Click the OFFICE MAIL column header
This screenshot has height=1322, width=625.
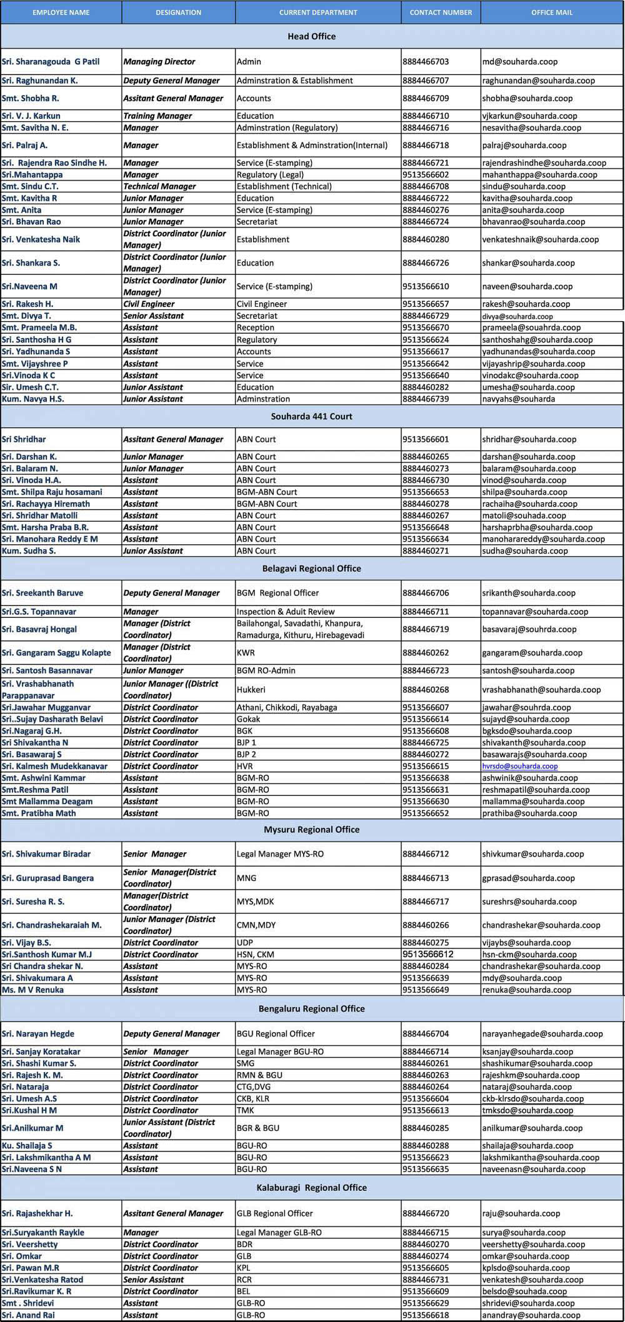click(551, 12)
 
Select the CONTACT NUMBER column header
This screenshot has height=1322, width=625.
click(441, 12)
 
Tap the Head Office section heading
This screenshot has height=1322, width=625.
click(311, 36)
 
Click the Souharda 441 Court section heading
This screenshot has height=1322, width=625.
click(311, 416)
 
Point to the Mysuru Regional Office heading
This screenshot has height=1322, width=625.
click(311, 830)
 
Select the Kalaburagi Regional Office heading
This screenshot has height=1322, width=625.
click(311, 1188)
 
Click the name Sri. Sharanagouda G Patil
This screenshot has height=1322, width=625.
click(51, 62)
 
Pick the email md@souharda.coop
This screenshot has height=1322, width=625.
click(520, 62)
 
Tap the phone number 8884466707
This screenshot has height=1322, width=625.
click(426, 81)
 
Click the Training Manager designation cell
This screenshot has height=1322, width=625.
click(157, 116)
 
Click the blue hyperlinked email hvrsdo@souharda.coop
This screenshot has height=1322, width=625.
click(520, 766)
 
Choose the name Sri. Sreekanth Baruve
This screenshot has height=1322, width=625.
click(42, 593)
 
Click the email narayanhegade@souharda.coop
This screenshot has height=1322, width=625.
click(542, 1034)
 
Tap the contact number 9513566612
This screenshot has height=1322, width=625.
click(428, 954)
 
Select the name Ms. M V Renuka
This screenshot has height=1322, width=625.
click(32, 990)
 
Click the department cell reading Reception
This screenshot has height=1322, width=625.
click(255, 327)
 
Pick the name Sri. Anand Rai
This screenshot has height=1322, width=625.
click(28, 1315)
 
